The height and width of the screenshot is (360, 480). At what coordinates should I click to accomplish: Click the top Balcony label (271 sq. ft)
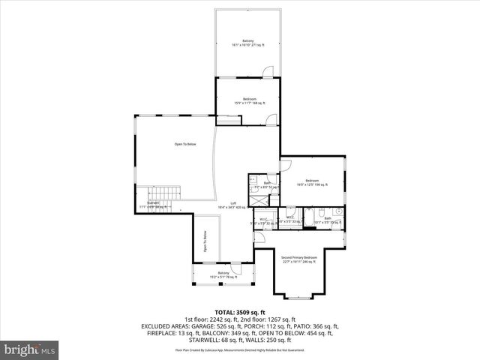(247, 42)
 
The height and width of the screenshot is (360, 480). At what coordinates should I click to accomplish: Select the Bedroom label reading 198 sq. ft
(312, 182)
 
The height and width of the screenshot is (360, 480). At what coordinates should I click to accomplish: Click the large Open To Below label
(185, 144)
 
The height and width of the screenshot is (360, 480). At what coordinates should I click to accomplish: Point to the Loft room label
(232, 205)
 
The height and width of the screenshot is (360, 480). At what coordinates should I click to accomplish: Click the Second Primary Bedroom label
(299, 259)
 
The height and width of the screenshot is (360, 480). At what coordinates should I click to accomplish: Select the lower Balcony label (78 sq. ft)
(223, 274)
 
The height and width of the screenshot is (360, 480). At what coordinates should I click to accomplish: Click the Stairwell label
(153, 204)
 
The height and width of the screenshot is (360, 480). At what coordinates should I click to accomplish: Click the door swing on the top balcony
(268, 72)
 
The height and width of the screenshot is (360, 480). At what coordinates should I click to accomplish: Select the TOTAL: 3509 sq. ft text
(239, 312)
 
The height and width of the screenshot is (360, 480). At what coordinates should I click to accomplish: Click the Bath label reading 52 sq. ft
(268, 184)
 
